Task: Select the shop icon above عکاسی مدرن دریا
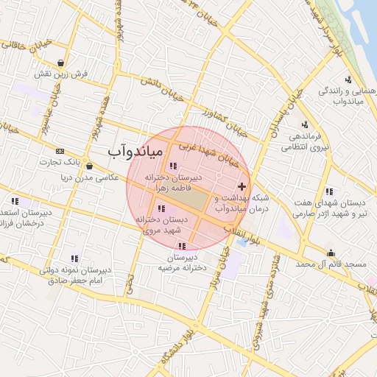point(88,166)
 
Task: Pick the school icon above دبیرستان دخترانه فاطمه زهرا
point(174,166)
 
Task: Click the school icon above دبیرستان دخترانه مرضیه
point(182,246)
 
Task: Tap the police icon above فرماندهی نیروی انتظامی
point(305,124)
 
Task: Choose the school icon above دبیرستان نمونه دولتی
point(74,258)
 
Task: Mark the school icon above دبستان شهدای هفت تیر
point(328,191)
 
